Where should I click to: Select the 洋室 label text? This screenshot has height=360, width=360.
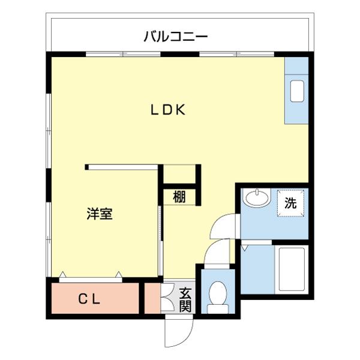(x=99, y=214)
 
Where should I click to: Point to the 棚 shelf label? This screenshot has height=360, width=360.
(x=179, y=197)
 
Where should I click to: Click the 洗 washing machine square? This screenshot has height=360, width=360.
(x=290, y=203)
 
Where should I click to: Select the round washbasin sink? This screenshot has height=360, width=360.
(x=257, y=197)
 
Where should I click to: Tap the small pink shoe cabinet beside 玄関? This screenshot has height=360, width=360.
(x=153, y=298)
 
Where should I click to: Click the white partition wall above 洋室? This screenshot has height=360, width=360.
(x=123, y=167)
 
